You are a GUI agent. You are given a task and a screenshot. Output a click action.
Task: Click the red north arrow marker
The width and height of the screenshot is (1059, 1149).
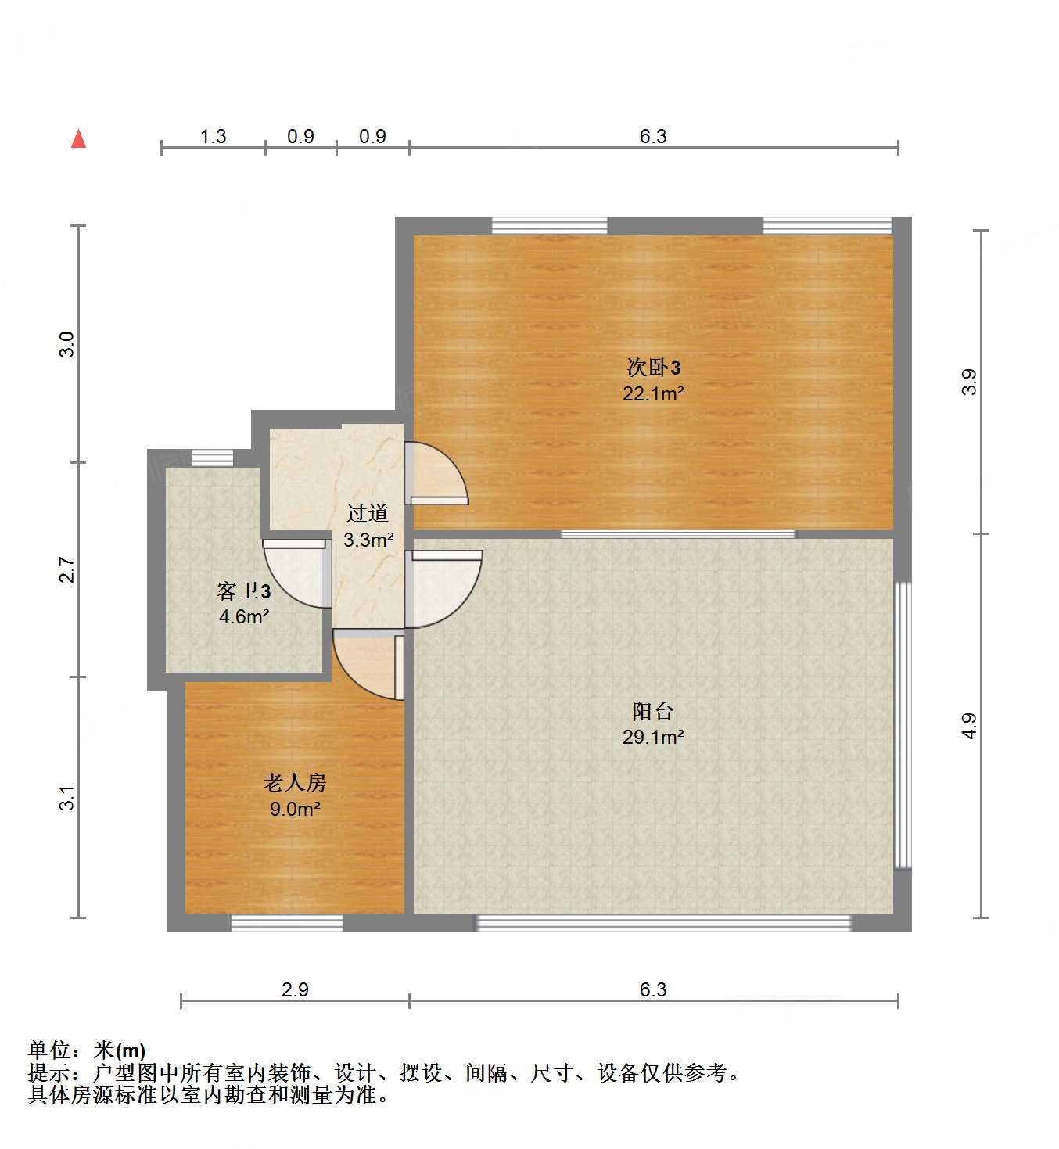(x=78, y=139)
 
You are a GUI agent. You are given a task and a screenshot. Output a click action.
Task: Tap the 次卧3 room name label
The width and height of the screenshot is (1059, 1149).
(x=653, y=367)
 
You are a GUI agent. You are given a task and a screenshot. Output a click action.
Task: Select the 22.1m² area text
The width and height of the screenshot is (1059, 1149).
(x=653, y=393)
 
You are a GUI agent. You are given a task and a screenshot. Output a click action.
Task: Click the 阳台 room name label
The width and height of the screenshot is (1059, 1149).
(x=652, y=711)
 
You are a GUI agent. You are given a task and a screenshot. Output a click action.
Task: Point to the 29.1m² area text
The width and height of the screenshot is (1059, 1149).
(x=653, y=737)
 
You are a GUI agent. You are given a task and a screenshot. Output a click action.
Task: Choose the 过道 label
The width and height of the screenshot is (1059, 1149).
(x=368, y=513)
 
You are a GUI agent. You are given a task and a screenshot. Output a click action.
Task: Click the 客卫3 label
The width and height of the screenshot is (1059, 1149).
(x=244, y=591)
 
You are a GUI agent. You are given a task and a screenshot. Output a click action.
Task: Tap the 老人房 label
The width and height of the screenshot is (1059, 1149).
(x=294, y=782)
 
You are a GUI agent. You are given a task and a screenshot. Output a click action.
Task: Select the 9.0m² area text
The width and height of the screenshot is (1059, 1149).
(x=295, y=809)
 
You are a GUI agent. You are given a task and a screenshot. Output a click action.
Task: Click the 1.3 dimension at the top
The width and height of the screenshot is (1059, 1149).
(x=213, y=137)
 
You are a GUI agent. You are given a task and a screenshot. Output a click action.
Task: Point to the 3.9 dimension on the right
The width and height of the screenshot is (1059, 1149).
(x=969, y=382)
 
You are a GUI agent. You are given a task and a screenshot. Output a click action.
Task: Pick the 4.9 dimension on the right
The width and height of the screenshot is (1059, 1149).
(x=969, y=726)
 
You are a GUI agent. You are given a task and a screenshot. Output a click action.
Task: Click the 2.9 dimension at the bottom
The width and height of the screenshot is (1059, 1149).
(x=295, y=989)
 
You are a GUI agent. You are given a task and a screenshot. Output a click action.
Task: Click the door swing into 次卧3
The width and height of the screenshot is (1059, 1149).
(x=435, y=474)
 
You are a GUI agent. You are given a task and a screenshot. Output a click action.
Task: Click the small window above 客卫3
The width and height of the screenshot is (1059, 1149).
(x=213, y=458)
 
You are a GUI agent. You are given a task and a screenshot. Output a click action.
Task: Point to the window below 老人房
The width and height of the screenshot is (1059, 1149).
(x=287, y=923)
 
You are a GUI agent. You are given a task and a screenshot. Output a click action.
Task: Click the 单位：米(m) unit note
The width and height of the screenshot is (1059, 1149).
(x=87, y=1050)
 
